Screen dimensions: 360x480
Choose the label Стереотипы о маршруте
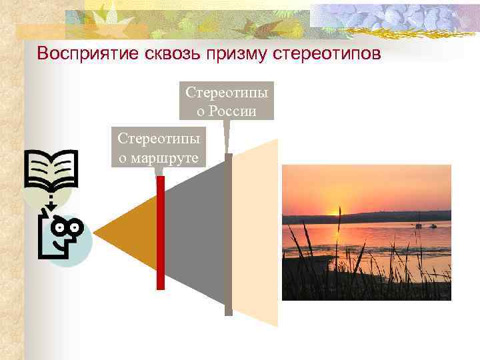tap(160, 147)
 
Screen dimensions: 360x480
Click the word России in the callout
tap(232, 110)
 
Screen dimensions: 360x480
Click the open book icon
tap(51, 168)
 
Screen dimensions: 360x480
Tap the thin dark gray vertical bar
tap(229, 233)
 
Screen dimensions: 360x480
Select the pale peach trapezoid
tap(257, 233)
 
